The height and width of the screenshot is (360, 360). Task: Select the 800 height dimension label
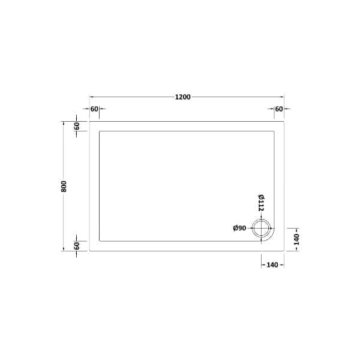pos(64,186)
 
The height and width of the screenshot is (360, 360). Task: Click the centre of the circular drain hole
pos(262,228)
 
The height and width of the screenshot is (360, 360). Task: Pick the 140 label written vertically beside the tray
pos(296,239)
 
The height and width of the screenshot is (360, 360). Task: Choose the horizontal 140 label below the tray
pos(272,264)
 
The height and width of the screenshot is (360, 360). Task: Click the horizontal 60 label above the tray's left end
pos(94,109)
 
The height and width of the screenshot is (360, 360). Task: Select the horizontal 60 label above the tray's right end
pos(279,109)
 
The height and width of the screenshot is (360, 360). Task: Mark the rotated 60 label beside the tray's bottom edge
pos(77,246)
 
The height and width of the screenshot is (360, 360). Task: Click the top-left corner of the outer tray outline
pos(90,121)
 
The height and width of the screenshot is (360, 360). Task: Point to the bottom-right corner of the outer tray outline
pos(284,251)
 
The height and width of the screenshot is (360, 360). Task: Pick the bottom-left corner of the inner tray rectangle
pos(100,241)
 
